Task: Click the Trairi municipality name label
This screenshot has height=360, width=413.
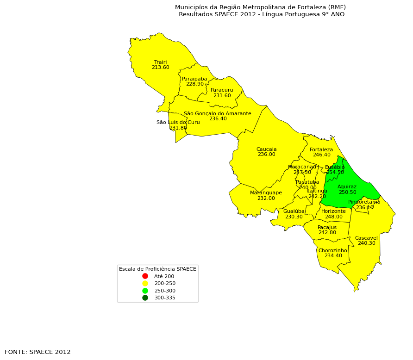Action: click(x=160, y=62)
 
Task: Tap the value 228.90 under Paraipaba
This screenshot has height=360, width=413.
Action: click(x=194, y=84)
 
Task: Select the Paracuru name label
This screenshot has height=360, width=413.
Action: click(x=222, y=90)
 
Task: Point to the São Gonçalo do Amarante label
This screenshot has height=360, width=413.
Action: click(x=217, y=113)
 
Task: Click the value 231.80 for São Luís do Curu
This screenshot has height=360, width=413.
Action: click(x=178, y=128)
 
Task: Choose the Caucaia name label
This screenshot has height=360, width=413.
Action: click(x=266, y=149)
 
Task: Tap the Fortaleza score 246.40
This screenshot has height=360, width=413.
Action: click(x=321, y=155)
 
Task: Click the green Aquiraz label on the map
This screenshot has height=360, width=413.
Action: click(x=347, y=187)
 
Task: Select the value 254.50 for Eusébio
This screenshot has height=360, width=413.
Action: click(x=335, y=173)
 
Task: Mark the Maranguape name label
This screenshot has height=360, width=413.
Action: click(x=266, y=192)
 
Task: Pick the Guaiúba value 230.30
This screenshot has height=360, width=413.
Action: click(x=294, y=217)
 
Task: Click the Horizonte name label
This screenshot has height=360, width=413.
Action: click(x=333, y=211)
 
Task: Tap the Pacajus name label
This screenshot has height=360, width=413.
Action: click(x=327, y=227)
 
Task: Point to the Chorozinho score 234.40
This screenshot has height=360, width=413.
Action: click(x=332, y=256)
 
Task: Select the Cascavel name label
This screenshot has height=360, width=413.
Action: click(x=366, y=238)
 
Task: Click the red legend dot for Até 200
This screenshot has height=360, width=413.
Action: click(x=145, y=276)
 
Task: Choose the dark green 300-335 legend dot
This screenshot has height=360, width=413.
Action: click(x=145, y=298)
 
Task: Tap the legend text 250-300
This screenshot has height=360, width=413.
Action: click(x=164, y=291)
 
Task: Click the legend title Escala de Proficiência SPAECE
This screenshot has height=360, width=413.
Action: click(x=157, y=269)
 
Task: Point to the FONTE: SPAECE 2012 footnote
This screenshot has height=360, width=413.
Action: click(x=38, y=352)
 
